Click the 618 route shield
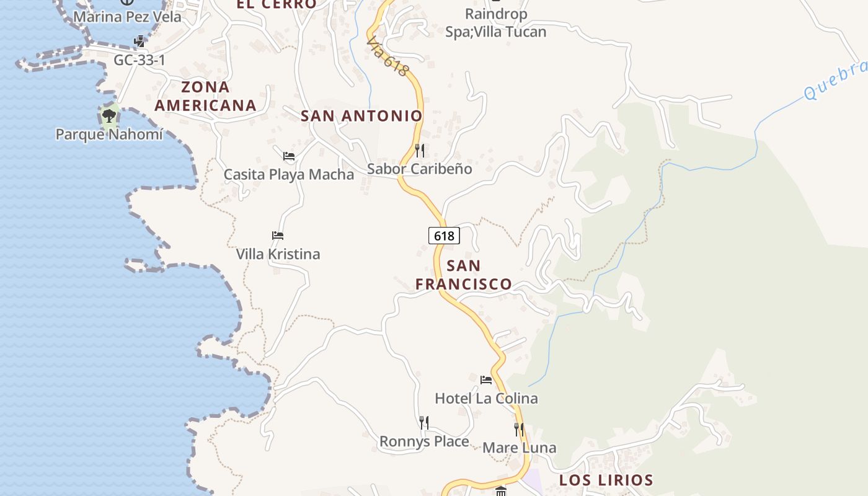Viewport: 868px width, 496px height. coord(444,236)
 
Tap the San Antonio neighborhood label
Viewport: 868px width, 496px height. coord(361,116)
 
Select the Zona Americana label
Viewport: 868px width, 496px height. coord(205,96)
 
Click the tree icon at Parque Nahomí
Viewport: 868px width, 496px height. coord(109,115)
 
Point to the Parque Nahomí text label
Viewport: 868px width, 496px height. coord(109,134)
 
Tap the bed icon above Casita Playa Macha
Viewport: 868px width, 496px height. coord(289,156)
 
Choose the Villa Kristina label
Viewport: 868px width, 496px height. coord(278,254)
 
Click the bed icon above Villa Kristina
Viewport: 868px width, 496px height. coord(278,236)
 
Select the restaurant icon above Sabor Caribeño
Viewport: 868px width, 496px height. coord(420,150)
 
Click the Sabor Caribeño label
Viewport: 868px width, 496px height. coord(420,169)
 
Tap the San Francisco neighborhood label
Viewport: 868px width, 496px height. coord(464,275)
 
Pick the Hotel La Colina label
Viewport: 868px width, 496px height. coord(486,398)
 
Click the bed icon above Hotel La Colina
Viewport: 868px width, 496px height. coord(486,379)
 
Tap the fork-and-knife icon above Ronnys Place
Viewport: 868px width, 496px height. coord(424,423)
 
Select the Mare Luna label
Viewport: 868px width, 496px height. coord(520,448)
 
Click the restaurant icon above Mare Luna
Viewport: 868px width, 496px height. coord(519,429)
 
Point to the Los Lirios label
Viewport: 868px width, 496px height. coord(606,480)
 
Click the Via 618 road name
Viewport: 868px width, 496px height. coord(387,57)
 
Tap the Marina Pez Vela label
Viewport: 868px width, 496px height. coord(127,17)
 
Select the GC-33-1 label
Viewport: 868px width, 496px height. coord(139,60)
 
